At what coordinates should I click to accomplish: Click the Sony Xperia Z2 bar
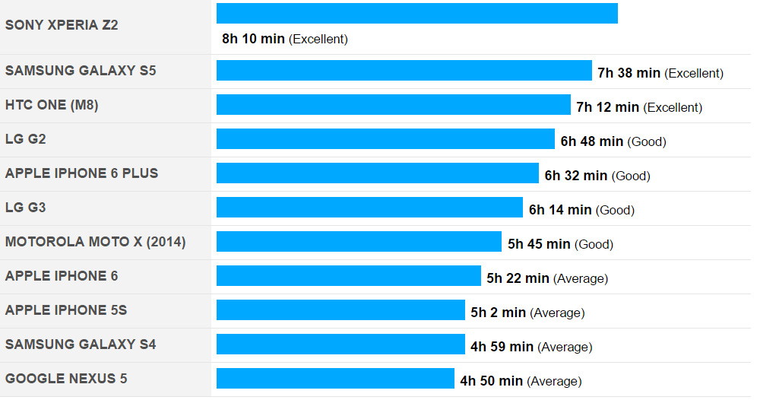click(416, 14)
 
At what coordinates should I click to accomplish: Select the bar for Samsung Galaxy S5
click(404, 71)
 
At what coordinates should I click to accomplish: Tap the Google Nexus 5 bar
click(335, 379)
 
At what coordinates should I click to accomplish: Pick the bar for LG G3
click(369, 208)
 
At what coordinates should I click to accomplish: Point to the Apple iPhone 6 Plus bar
click(377, 173)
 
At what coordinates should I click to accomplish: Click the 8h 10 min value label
click(253, 39)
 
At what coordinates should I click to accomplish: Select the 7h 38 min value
click(629, 73)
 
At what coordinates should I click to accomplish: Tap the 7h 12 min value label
click(607, 107)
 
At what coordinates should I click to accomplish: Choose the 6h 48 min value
click(591, 141)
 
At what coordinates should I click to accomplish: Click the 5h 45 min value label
click(539, 244)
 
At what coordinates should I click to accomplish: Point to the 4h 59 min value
click(502, 347)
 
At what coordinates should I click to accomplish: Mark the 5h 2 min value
click(498, 313)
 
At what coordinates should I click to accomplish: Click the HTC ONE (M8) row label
click(52, 105)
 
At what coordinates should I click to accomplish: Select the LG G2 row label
click(26, 139)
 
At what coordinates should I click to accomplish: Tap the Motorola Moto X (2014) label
click(95, 242)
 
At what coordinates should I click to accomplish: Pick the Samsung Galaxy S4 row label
click(81, 344)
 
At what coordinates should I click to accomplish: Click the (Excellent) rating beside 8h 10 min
click(318, 39)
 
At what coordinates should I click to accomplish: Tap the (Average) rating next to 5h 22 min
click(581, 278)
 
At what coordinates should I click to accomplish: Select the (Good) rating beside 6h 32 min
click(631, 176)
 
